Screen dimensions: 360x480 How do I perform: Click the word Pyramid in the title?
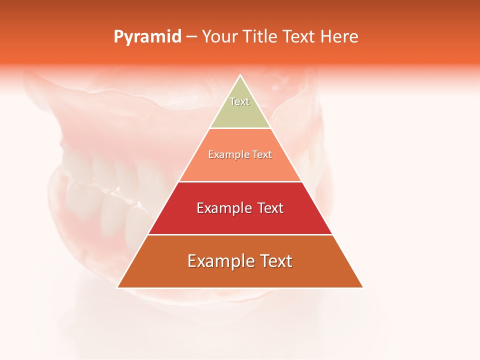pos(147,37)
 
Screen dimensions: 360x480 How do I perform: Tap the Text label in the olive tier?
pos(239,101)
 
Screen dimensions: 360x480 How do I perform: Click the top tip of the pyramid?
pos(240,76)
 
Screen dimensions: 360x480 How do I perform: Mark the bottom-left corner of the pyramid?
pos(118,287)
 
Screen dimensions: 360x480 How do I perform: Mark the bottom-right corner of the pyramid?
pos(362,287)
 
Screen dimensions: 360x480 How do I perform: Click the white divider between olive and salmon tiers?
pos(240,128)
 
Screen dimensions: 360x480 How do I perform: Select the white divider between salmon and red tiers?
pos(240,181)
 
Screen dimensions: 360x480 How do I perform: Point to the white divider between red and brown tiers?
pos(240,234)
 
